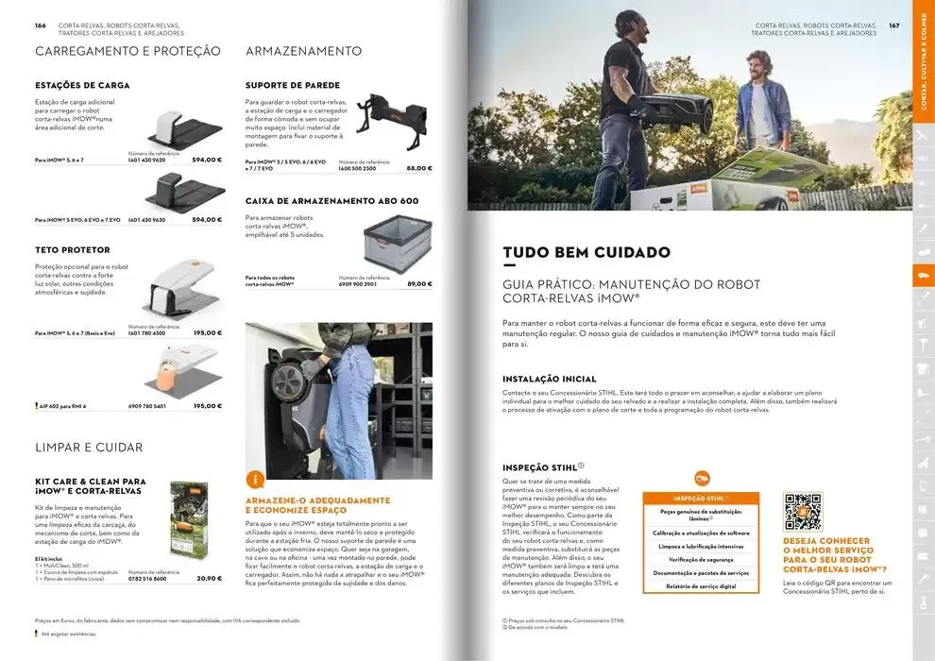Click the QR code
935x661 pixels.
pyautogui.click(x=803, y=512)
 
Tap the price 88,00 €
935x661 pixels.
pyautogui.click(x=419, y=168)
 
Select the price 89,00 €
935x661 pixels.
pyautogui.click(x=419, y=283)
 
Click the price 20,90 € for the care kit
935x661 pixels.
pyautogui.click(x=209, y=578)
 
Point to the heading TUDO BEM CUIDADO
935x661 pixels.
pyautogui.click(x=586, y=252)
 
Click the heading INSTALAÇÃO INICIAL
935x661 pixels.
pyautogui.click(x=550, y=379)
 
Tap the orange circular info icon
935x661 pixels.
pyautogui.click(x=254, y=480)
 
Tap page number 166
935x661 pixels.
pyautogui.click(x=41, y=25)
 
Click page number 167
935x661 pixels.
pyautogui.click(x=893, y=25)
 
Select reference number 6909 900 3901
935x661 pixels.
pyautogui.click(x=358, y=283)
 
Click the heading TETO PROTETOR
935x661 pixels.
pyautogui.click(x=73, y=250)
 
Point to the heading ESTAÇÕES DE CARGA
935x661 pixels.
pyautogui.click(x=82, y=85)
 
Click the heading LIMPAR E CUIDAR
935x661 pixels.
pyautogui.click(x=89, y=447)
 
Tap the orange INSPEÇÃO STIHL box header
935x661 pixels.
pyautogui.click(x=700, y=498)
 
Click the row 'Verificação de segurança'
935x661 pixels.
pyautogui.click(x=700, y=559)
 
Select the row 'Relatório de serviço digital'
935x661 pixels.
pyautogui.click(x=700, y=585)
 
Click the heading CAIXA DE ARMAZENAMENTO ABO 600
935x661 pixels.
pyautogui.click(x=331, y=201)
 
